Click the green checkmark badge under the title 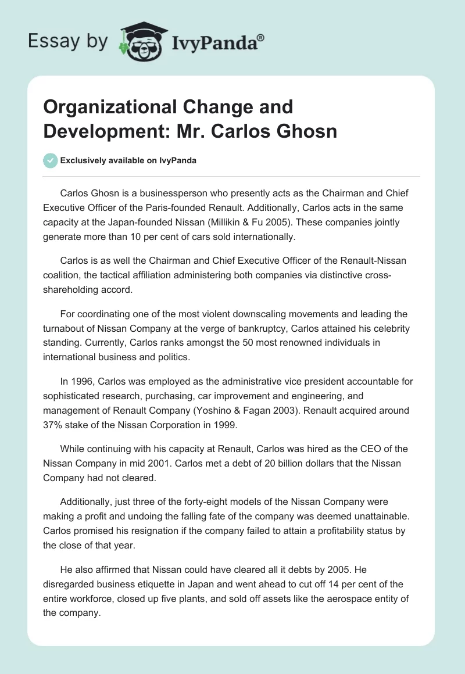[50, 160]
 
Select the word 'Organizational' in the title [103, 107]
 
